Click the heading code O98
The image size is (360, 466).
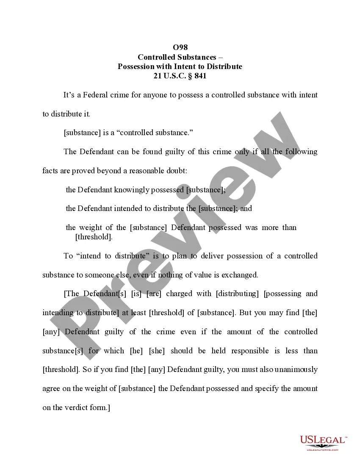180,47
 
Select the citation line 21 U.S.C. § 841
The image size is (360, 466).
180,76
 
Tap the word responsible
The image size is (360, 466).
249,351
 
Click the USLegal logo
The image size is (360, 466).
323,442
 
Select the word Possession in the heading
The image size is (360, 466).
137,67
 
